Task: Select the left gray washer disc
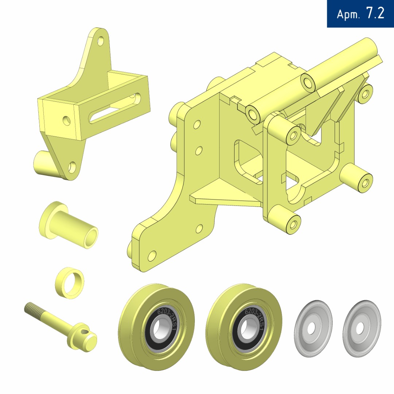[x=313, y=328]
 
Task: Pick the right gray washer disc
[x=362, y=328]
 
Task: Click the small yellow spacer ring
[x=70, y=283]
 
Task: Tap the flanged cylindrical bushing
[x=68, y=225]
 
